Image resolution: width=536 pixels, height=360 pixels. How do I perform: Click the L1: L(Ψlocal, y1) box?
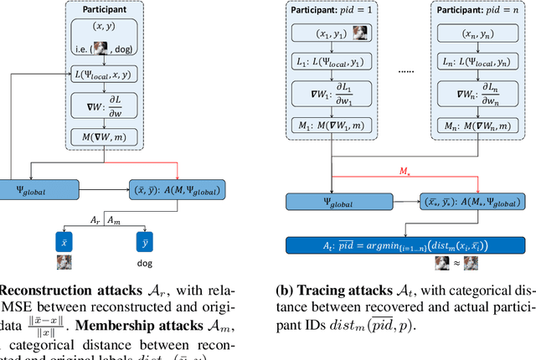coord(332,64)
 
